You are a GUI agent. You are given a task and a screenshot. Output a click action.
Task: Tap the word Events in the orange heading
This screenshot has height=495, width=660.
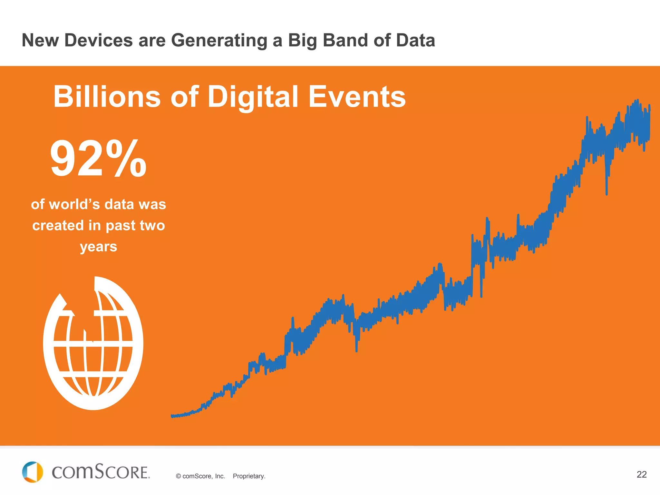[x=357, y=97]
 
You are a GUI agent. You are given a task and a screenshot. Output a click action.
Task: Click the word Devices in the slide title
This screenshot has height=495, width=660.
[x=98, y=41]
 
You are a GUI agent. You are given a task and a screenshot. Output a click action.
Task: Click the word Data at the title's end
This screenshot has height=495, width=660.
[x=415, y=41]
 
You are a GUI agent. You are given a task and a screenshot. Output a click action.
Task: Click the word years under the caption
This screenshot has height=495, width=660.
[x=98, y=247]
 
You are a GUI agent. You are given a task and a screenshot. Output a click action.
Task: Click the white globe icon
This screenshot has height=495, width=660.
[x=93, y=348]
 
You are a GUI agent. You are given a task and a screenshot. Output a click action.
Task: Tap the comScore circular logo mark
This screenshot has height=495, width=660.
[x=32, y=472]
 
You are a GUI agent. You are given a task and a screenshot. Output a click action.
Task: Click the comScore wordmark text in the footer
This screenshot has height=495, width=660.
[x=101, y=472]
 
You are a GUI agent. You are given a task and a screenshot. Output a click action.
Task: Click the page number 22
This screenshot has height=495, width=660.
[x=642, y=474]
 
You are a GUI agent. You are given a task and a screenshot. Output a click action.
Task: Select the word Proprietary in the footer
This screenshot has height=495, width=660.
[x=249, y=476]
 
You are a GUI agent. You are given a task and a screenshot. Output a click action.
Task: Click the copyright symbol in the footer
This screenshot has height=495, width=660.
[x=178, y=476]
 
